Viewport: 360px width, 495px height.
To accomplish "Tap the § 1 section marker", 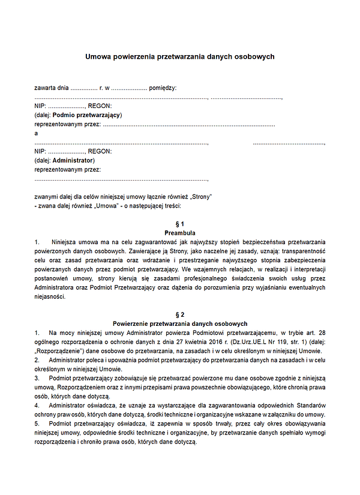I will click(180, 224).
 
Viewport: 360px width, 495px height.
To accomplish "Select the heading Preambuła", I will click(180, 232).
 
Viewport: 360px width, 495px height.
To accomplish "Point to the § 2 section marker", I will click(180, 314).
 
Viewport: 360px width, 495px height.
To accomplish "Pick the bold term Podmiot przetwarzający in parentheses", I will click(87, 115).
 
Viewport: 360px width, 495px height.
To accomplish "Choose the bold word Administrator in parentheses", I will click(73, 160).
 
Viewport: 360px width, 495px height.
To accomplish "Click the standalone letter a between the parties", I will click(37, 133).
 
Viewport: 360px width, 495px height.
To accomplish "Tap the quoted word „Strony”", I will click(201, 196).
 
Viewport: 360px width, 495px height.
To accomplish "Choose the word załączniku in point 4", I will click(290, 414).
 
